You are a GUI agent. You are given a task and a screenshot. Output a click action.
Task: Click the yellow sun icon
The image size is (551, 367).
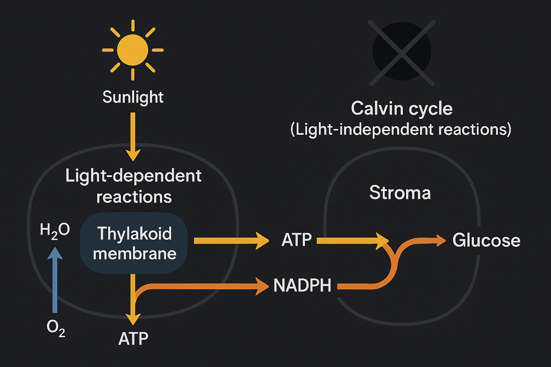click(x=133, y=50)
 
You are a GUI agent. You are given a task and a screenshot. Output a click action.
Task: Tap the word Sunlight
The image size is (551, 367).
click(x=133, y=97)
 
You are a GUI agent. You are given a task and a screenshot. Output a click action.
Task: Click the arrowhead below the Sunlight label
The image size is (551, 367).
click(x=133, y=155)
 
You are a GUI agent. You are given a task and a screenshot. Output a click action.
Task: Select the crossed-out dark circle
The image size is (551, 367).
click(x=402, y=51)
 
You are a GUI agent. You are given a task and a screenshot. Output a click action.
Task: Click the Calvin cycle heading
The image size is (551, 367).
click(x=401, y=108)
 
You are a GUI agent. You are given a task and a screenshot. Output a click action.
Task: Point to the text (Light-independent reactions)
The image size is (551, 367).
click(x=401, y=129)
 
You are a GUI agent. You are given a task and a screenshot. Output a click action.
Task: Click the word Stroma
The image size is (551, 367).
click(x=400, y=193)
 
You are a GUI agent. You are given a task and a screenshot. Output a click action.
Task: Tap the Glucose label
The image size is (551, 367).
click(x=486, y=240)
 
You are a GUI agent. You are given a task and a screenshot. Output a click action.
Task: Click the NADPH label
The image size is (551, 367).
click(x=302, y=286)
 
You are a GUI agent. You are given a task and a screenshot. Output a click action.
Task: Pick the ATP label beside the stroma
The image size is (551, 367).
click(x=296, y=240)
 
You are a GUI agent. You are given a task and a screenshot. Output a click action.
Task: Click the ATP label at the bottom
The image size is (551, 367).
click(x=133, y=339)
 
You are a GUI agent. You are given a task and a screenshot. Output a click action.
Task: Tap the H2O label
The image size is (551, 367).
click(x=55, y=230)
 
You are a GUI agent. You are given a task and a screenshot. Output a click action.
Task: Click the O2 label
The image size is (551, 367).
click(x=56, y=328)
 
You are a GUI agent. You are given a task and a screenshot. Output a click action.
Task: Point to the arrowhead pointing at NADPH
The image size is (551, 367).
click(x=262, y=286)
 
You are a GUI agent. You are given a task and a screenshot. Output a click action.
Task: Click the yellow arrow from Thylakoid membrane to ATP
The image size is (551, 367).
click(x=230, y=240)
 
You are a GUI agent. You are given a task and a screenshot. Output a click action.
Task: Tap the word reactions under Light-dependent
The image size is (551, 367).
click(x=134, y=197)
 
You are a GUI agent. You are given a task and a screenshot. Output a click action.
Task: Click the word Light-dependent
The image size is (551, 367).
click(x=133, y=176)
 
